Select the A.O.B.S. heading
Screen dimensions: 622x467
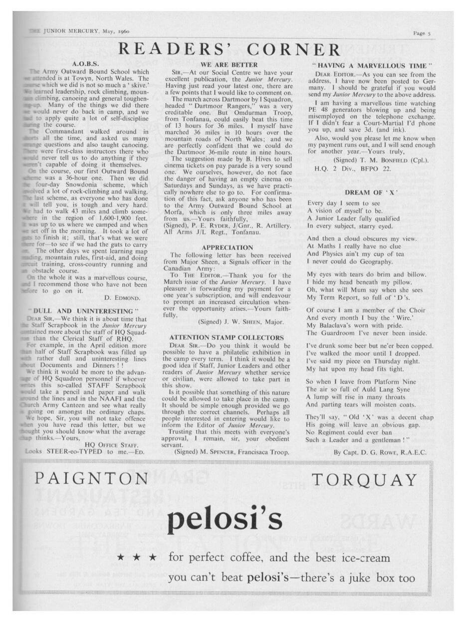[x=86, y=64]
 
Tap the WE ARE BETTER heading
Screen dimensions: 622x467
[x=229, y=64]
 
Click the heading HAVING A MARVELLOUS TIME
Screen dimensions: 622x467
[x=376, y=65]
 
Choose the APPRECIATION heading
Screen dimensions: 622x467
[x=228, y=247]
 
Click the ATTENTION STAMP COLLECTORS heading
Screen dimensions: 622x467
[x=227, y=337]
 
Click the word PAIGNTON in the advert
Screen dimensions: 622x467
[x=91, y=480]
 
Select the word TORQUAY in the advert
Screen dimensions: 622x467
[x=364, y=480]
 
